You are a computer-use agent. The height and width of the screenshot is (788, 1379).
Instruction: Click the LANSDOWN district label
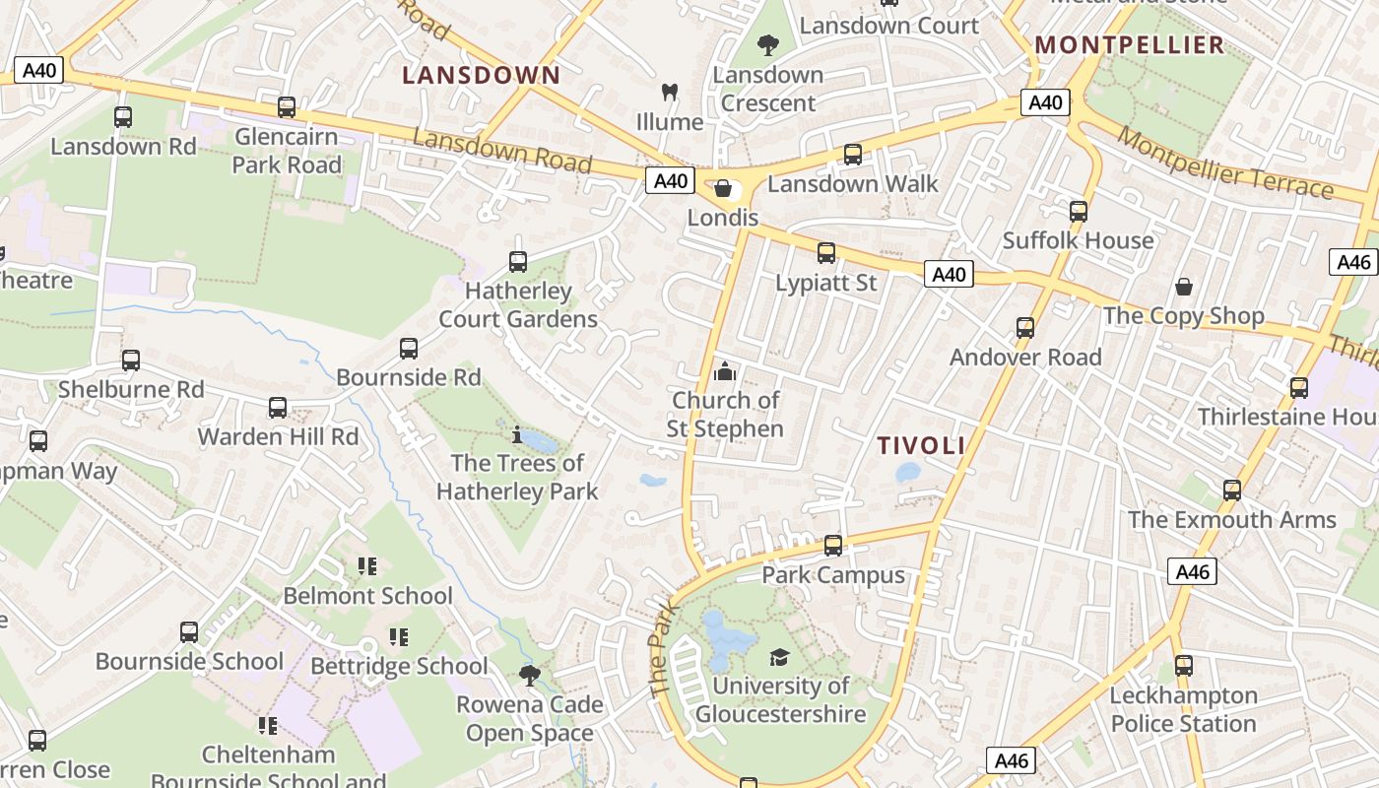482,75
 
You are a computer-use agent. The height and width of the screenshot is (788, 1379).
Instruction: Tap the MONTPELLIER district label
1130,44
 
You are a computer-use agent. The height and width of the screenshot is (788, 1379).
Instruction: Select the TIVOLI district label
922,445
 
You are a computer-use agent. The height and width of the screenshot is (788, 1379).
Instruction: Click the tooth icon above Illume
670,93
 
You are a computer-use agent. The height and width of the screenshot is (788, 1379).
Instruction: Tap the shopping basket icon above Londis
723,188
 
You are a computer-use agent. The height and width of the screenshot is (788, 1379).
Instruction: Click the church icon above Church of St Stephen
725,371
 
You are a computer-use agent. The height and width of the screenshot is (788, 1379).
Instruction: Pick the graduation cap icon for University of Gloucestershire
779,657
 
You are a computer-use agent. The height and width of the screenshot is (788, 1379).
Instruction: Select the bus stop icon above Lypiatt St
826,253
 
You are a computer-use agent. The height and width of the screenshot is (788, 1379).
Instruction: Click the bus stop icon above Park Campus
833,545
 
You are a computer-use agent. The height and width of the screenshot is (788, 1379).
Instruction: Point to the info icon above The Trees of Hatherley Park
517,433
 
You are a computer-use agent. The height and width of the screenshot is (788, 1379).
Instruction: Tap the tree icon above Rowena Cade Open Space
530,675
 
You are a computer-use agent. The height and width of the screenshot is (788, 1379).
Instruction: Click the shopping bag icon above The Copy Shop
1183,287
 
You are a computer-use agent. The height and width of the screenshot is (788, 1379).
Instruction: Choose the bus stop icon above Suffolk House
1079,211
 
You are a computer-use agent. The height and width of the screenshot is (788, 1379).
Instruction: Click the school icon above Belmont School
367,566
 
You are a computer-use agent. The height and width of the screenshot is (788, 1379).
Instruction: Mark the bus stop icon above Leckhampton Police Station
1183,666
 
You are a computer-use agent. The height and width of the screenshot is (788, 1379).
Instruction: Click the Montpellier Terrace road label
1225,164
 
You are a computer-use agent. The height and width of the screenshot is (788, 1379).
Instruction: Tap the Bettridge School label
399,667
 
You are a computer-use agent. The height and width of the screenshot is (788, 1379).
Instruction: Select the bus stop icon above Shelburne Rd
131,361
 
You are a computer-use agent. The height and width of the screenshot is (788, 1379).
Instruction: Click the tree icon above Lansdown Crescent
768,44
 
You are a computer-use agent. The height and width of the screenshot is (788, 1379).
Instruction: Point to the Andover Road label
1025,357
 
